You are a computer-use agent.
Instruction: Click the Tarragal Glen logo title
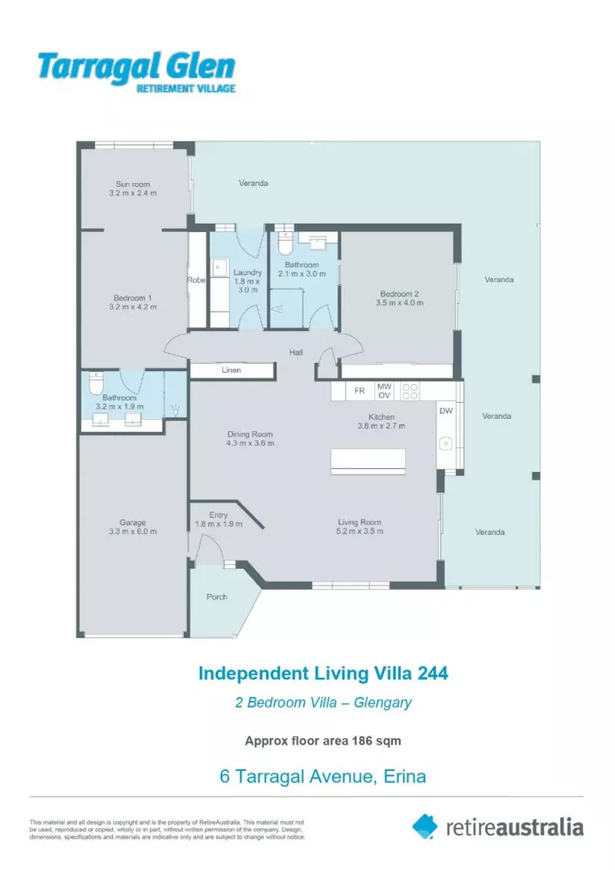[135, 66]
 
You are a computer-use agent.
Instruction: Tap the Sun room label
[133, 184]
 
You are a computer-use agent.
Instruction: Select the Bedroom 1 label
[133, 297]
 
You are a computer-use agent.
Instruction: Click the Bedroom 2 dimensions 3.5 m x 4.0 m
[399, 304]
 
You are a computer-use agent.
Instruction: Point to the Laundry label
[247, 273]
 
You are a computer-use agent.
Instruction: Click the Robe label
[197, 280]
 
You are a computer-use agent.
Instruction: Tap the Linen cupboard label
[231, 371]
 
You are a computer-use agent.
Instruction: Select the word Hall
[297, 352]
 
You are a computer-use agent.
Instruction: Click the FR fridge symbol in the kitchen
[359, 391]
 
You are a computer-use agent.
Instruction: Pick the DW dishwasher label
[446, 411]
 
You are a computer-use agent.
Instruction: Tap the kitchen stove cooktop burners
[410, 391]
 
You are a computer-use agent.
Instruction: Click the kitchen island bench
[368, 461]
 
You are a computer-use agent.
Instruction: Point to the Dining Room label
[251, 434]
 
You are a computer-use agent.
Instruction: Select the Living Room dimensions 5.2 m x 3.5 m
[359, 531]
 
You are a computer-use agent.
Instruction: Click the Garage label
[133, 523]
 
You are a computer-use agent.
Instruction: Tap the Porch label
[217, 597]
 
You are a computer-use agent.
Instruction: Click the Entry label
[218, 515]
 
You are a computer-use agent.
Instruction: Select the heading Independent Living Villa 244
[323, 673]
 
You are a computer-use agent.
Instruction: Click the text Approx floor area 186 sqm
[323, 740]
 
